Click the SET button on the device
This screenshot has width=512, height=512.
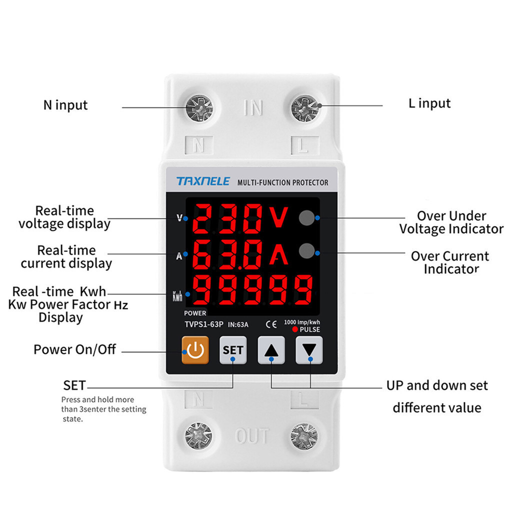[233, 350]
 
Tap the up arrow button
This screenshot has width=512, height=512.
[271, 350]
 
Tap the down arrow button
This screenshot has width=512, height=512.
[309, 350]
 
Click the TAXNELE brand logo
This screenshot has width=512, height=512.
[203, 181]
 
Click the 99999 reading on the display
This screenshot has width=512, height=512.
[252, 290]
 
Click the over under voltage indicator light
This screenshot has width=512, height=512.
[306, 217]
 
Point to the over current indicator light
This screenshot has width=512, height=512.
[306, 250]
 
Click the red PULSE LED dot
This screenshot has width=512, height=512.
[295, 330]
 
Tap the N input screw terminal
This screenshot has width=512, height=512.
[199, 107]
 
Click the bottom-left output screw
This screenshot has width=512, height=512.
[198, 435]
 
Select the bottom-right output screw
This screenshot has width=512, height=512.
[303, 435]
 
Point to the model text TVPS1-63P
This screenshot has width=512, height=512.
[204, 324]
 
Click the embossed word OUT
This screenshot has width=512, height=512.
[252, 436]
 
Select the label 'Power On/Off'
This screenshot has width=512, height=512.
[74, 349]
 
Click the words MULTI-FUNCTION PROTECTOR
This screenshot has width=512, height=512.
[283, 182]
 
